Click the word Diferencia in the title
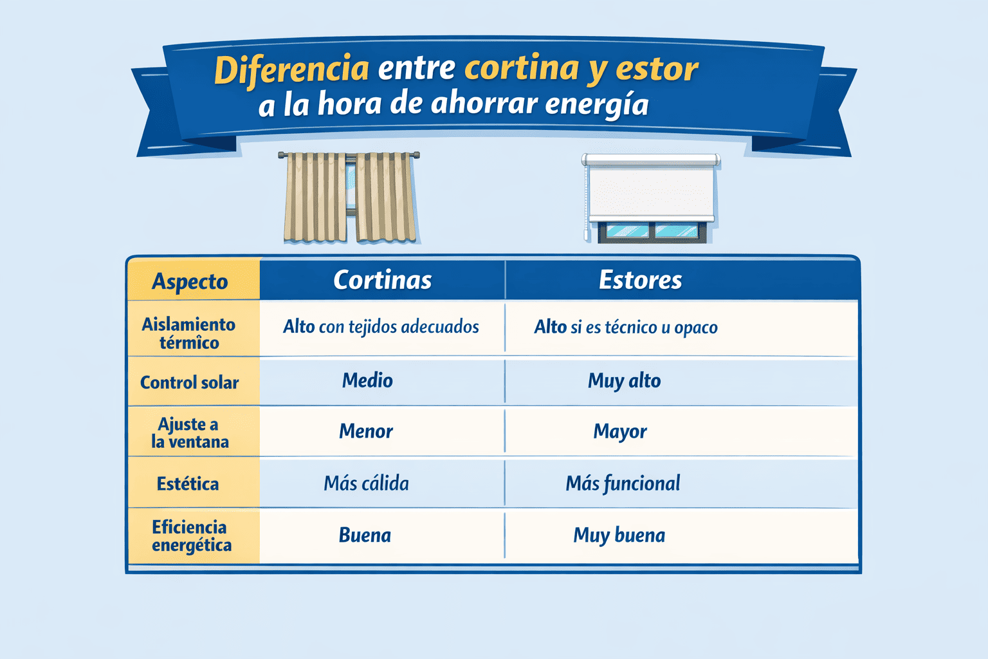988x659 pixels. [x=291, y=70]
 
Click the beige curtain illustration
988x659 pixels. [x=349, y=199]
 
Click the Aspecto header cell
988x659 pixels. [x=190, y=281]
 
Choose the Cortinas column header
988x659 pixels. [x=382, y=280]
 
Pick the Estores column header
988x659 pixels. [x=640, y=280]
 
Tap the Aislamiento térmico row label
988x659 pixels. [x=189, y=333]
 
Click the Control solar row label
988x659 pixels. [x=189, y=382]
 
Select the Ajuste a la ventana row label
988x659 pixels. [x=189, y=432]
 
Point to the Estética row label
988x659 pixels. [x=188, y=483]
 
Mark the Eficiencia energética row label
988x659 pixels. [x=191, y=536]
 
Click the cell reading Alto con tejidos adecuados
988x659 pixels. [x=381, y=327]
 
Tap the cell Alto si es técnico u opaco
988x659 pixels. [x=626, y=327]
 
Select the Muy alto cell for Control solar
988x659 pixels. [x=624, y=381]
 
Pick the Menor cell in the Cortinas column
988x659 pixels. [x=366, y=431]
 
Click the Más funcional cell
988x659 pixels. [x=623, y=483]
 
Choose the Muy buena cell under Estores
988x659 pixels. [x=619, y=535]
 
